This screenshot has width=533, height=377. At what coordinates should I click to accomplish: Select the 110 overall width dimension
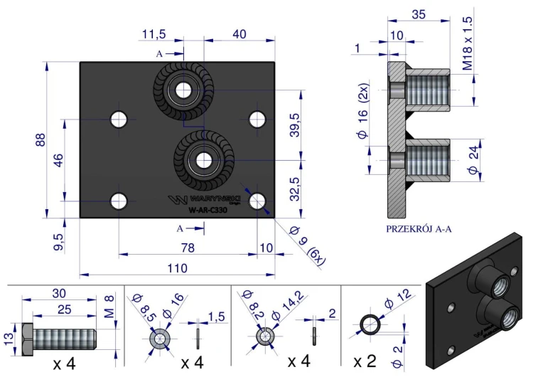pyautogui.click(x=177, y=268)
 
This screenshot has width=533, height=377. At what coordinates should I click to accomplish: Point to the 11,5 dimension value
pyautogui.click(x=154, y=34)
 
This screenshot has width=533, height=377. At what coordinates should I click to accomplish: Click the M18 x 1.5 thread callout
pyautogui.click(x=467, y=43)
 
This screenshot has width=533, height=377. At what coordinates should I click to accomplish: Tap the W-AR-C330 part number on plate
pyautogui.click(x=208, y=210)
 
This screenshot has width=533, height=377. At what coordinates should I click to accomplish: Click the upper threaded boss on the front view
pyautogui.click(x=184, y=90)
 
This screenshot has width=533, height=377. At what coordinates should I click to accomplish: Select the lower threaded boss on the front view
pyautogui.click(x=203, y=159)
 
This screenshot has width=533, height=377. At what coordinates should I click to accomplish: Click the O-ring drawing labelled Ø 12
pyautogui.click(x=370, y=326)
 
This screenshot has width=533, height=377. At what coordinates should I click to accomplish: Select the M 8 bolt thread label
pyautogui.click(x=108, y=306)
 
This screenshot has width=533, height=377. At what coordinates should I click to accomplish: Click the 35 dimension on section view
pyautogui.click(x=418, y=14)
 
